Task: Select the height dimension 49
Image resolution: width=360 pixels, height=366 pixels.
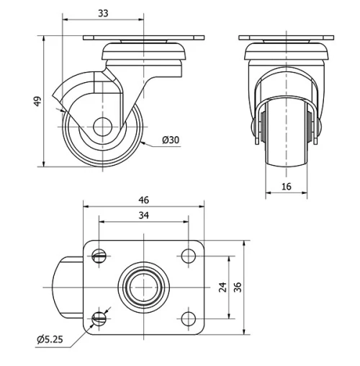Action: pyautogui.click(x=37, y=102)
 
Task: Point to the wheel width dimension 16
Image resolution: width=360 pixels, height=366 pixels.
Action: pyautogui.click(x=287, y=185)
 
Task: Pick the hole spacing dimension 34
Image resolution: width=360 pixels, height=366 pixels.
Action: pyautogui.click(x=144, y=216)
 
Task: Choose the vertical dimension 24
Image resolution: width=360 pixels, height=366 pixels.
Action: pyautogui.click(x=222, y=286)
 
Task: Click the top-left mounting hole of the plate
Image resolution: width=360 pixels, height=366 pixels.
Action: pyautogui.click(x=100, y=254)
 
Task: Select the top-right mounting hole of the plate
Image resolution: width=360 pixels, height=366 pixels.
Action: pyautogui.click(x=189, y=254)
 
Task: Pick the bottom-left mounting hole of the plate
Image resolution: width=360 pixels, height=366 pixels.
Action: pyautogui.click(x=100, y=317)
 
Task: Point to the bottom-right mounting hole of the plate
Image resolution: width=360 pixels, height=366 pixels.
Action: pyautogui.click(x=189, y=317)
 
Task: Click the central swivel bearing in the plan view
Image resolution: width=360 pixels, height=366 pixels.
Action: pyautogui.click(x=144, y=286)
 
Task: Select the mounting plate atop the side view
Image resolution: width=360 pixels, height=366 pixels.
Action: pyautogui.click(x=145, y=37)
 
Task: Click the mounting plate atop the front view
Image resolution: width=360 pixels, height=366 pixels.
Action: pyautogui.click(x=287, y=37)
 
